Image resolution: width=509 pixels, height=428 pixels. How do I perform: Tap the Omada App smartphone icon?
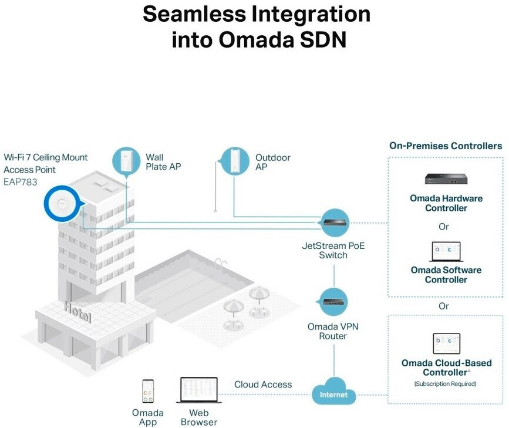pos(148,392)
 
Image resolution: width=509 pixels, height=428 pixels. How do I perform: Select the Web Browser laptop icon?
pos(198,390)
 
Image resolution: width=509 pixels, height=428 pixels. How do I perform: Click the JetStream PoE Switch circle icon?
pos(335,223)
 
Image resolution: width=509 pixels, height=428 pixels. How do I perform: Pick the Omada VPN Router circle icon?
pos(333,302)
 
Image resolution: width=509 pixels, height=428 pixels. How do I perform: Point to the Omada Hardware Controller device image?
pos(446,179)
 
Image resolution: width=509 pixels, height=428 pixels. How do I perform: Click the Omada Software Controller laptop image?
pos(446,252)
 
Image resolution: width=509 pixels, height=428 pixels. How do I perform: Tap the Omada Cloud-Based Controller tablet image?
pos(446,343)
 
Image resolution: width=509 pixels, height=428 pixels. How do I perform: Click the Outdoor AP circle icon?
pos(234,161)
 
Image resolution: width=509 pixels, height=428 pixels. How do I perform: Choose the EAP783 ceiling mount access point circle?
pos(62,204)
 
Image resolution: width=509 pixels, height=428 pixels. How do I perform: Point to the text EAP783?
pos(21,182)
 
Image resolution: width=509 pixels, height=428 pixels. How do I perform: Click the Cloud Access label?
pos(263,385)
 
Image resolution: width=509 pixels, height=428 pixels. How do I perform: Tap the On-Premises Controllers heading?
pos(446,146)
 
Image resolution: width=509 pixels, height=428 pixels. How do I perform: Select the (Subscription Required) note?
pos(446,384)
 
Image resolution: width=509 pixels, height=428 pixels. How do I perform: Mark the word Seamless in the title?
pos(194,14)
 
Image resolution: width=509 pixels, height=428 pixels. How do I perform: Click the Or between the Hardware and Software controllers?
pos(444,227)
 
